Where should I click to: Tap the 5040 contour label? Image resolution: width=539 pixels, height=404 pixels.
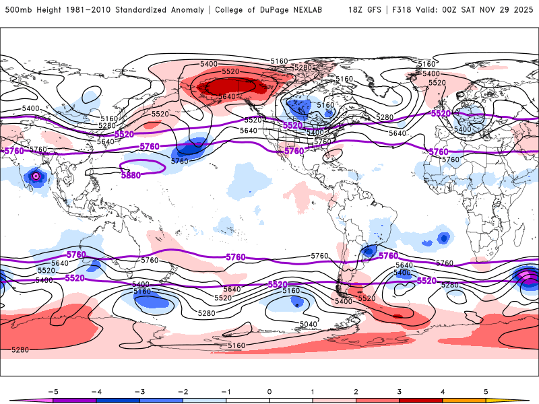307,324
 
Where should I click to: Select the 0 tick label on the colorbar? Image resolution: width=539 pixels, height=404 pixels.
269,391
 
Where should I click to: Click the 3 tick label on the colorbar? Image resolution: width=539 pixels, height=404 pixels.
399,391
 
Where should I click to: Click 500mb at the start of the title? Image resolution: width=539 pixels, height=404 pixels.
17,10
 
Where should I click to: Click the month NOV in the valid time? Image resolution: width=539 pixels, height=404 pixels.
497,10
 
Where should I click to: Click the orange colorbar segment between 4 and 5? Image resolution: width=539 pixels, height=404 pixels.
464,400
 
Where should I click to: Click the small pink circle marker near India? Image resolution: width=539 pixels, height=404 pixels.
36,176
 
